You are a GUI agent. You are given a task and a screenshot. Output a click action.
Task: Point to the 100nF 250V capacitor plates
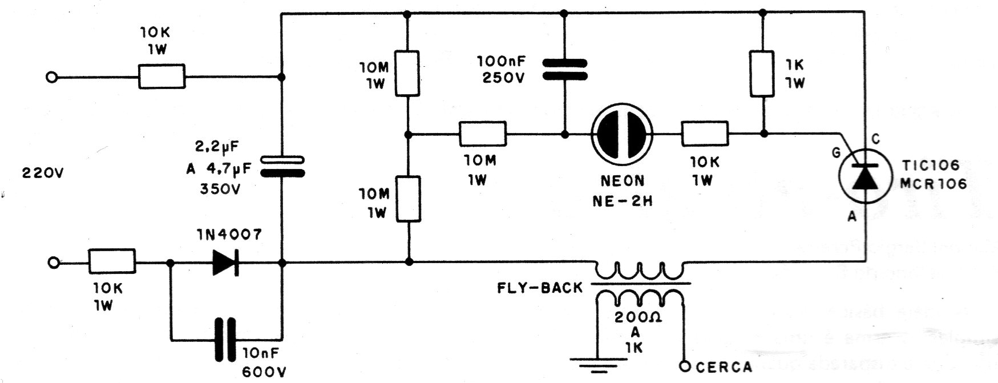pyautogui.click(x=565, y=69)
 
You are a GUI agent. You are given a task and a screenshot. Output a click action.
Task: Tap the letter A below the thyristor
pyautogui.click(x=852, y=216)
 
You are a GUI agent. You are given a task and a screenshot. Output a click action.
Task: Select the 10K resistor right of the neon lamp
pyautogui.click(x=705, y=135)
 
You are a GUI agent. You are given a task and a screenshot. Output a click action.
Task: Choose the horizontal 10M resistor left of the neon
pyautogui.click(x=483, y=135)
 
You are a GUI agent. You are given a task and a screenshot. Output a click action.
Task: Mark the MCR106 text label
pyautogui.click(x=935, y=185)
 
